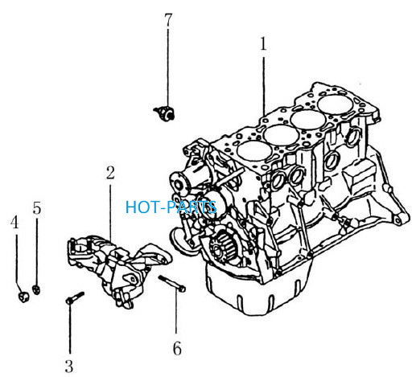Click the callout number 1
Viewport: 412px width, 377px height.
coord(263,44)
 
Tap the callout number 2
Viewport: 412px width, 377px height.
coord(110,173)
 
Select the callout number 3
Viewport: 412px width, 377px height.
coord(69,367)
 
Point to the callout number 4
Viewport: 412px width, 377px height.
coord(14,222)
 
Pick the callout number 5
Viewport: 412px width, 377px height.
coord(37,208)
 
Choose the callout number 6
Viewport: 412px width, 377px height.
coord(177,349)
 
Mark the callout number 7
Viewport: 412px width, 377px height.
coord(168,20)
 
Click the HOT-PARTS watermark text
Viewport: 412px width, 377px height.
coord(171,207)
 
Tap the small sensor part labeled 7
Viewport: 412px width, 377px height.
coord(164,113)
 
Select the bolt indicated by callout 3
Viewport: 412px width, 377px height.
coord(75,297)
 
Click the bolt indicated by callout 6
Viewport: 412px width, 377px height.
coord(172,283)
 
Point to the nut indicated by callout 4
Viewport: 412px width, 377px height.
coord(23,297)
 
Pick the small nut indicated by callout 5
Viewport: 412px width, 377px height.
coord(36,289)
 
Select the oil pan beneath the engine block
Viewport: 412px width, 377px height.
coord(257,291)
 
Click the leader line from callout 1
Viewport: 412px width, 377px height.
coord(264,86)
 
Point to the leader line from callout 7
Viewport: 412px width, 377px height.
coord(168,68)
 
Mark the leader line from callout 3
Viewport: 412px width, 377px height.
coord(70,329)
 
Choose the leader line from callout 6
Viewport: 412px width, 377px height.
coord(176,311)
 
